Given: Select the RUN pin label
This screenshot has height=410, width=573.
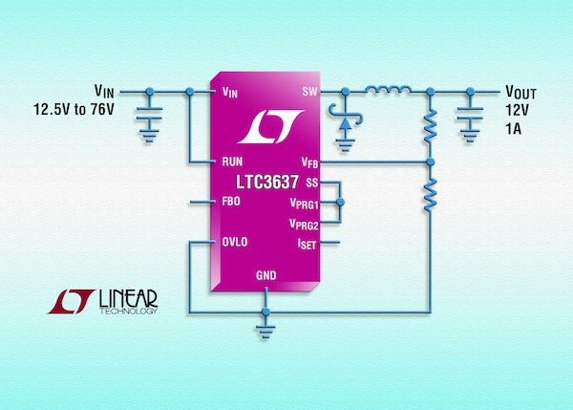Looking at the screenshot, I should pos(232,162).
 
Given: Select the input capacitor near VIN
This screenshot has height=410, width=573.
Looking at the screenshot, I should pos(149,119).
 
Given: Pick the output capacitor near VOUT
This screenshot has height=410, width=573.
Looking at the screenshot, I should pos(469,119).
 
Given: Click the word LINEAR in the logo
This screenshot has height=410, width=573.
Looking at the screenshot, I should pos(131,298).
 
